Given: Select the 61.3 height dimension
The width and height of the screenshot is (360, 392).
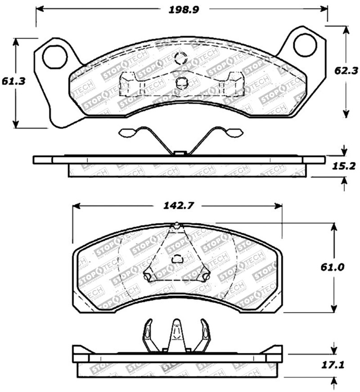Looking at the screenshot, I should pyautogui.click(x=16, y=81).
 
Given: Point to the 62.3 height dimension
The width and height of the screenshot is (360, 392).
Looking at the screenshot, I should pyautogui.click(x=346, y=70).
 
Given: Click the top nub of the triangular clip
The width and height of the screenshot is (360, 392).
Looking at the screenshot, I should pyautogui.click(x=177, y=224).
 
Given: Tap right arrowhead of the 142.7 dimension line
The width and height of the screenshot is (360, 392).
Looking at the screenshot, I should pyautogui.click(x=279, y=206).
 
